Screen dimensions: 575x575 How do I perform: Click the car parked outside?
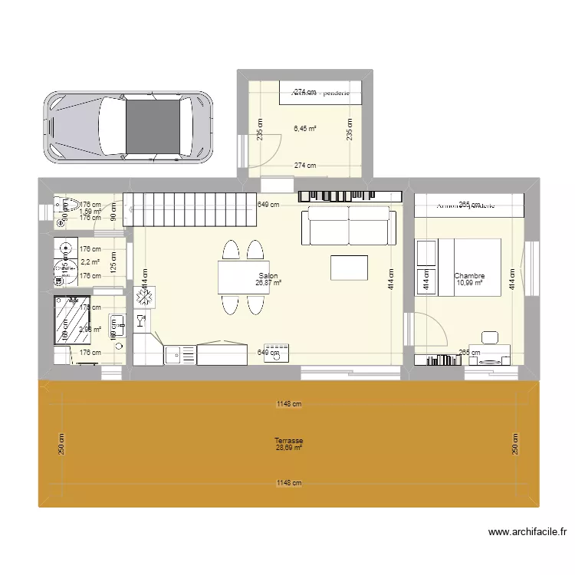click(127, 127)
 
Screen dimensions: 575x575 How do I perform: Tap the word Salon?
click(268, 276)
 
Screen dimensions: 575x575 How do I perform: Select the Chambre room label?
click(468, 276)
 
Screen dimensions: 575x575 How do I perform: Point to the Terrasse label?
click(288, 441)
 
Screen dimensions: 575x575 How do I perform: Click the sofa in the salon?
click(349, 225)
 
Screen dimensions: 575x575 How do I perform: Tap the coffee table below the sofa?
click(349, 267)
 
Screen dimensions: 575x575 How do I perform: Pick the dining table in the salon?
click(242, 278)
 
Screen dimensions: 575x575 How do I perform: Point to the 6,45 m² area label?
click(304, 129)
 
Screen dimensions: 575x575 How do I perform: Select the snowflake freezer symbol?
click(145, 297)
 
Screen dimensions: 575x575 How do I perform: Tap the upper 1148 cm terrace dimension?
click(289, 405)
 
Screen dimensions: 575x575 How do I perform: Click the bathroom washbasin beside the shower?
click(117, 325)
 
